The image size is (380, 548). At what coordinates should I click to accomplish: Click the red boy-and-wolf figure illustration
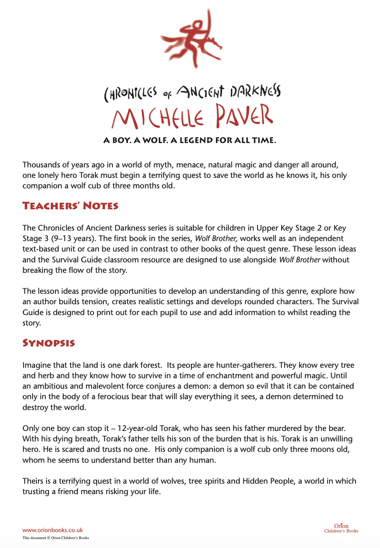click(x=192, y=39)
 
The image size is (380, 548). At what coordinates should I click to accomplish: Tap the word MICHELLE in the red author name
click(x=157, y=118)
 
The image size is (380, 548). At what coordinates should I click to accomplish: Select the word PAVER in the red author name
click(x=244, y=116)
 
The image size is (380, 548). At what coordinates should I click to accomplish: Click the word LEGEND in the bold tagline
click(x=197, y=140)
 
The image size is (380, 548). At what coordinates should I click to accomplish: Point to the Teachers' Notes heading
click(x=70, y=206)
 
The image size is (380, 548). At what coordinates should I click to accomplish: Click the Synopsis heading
click(x=48, y=343)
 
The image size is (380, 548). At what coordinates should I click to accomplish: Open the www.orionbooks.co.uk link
click(x=52, y=530)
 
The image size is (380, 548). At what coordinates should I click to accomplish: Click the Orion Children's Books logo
click(x=341, y=528)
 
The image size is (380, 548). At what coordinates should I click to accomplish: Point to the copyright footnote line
click(x=55, y=538)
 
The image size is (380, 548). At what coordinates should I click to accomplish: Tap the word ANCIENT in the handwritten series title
click(x=200, y=92)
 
